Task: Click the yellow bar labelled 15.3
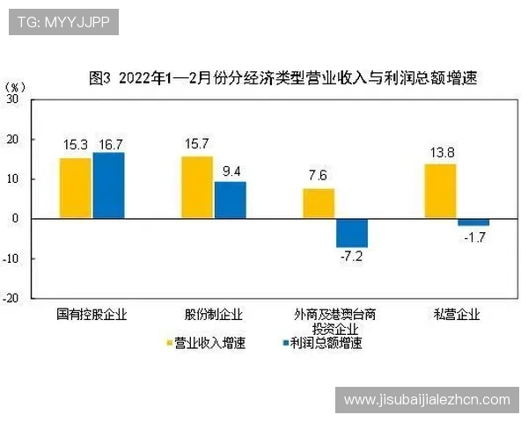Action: [76, 188]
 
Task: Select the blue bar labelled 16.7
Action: [109, 186]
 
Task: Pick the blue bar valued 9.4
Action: [230, 200]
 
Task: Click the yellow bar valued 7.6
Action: [319, 203]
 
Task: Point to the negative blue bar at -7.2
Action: [351, 232]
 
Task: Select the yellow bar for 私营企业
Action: [440, 191]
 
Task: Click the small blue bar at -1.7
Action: [473, 222]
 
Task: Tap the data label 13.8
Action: [440, 153]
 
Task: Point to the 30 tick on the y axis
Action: [12, 99]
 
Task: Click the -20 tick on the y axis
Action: [11, 298]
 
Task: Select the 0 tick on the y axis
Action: [15, 219]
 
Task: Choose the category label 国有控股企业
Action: [92, 314]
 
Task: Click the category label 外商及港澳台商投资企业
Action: [334, 321]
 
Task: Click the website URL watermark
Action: [427, 400]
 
